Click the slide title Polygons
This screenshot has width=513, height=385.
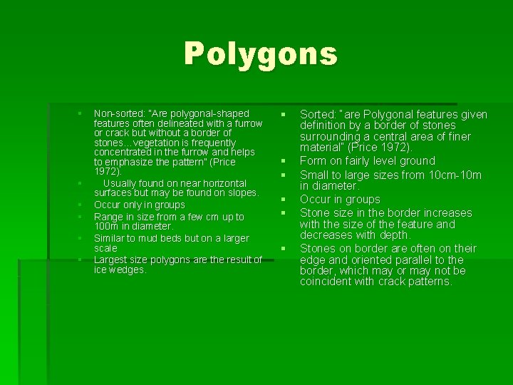260,54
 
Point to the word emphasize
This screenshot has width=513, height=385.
135,162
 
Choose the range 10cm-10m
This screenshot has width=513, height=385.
452,175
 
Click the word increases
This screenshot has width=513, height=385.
447,212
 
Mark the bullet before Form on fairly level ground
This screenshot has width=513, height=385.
283,161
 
